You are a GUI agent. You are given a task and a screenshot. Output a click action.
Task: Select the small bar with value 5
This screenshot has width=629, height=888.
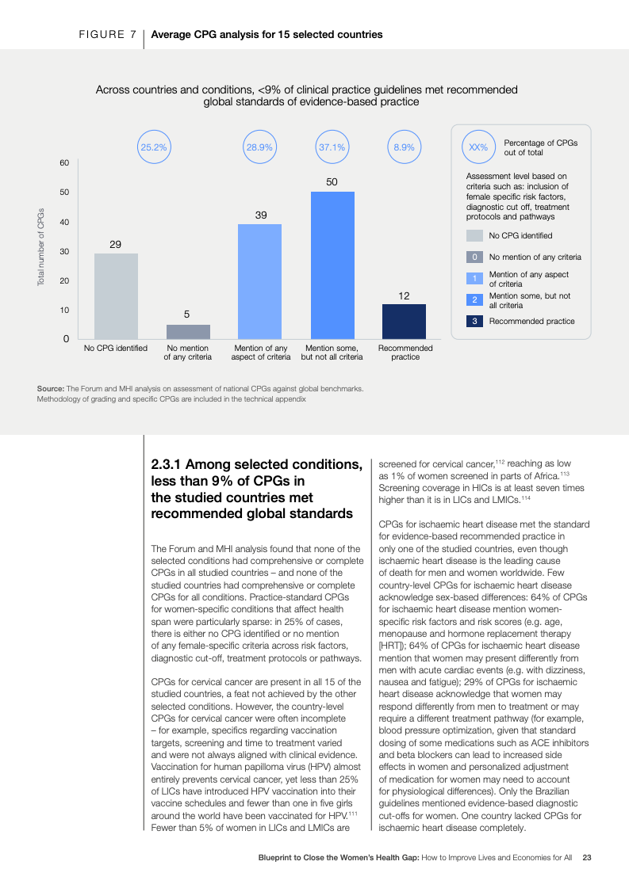pyautogui.click(x=188, y=331)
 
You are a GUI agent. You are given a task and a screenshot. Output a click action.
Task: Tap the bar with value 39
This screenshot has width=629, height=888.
pyautogui.click(x=259, y=281)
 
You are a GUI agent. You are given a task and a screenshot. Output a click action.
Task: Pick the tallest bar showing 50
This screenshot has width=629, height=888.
pyautogui.click(x=332, y=265)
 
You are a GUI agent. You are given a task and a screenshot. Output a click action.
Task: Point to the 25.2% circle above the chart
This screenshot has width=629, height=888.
pyautogui.click(x=153, y=147)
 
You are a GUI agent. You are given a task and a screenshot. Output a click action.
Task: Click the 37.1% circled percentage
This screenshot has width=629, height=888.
pyautogui.click(x=332, y=147)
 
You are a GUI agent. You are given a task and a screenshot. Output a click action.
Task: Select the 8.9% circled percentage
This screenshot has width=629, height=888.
pyautogui.click(x=404, y=147)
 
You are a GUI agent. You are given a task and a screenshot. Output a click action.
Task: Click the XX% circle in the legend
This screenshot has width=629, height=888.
pyautogui.click(x=478, y=147)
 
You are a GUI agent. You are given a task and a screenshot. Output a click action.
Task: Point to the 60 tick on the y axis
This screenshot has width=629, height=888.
pyautogui.click(x=64, y=163)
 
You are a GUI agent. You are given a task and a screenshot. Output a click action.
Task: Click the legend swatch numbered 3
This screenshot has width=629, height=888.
pyautogui.click(x=474, y=321)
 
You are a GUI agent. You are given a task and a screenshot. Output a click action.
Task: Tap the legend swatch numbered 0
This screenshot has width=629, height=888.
pyautogui.click(x=474, y=257)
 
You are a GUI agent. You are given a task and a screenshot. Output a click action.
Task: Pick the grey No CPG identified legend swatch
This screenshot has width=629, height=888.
pyautogui.click(x=474, y=235)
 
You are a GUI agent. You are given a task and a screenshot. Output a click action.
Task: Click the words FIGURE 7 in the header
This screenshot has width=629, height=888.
pyautogui.click(x=107, y=35)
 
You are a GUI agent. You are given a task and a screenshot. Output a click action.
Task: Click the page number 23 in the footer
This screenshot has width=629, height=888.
pyautogui.click(x=587, y=857)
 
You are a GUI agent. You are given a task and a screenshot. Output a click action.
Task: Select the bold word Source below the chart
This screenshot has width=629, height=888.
pyautogui.click(x=50, y=388)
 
